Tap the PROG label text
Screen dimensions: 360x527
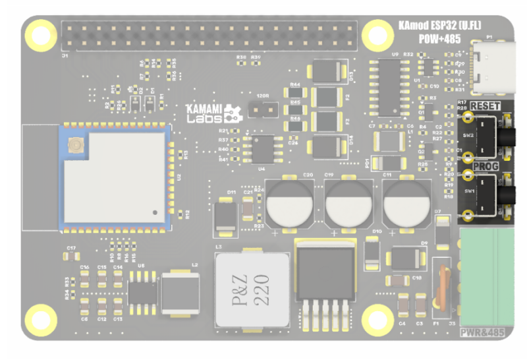[x=486, y=167]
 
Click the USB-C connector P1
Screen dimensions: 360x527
[x=493, y=69]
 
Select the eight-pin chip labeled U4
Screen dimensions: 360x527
[x=264, y=149]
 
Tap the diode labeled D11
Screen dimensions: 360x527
[x=227, y=217]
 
